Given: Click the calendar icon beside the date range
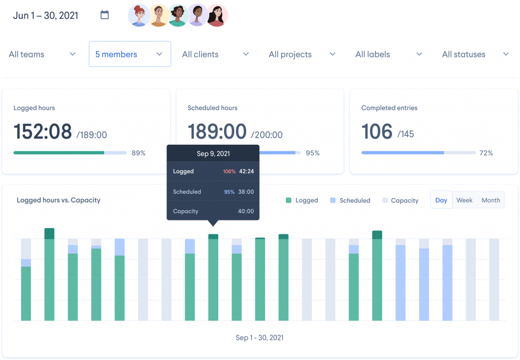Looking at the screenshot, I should click(105, 15).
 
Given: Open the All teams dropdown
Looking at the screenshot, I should click(43, 54).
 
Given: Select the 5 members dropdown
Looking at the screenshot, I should click(129, 54).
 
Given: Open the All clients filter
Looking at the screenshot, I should click(215, 54).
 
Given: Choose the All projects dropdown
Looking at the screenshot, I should click(302, 54).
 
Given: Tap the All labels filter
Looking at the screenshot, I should click(389, 54).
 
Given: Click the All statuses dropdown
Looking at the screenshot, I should click(475, 54).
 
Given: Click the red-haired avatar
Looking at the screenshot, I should click(138, 16).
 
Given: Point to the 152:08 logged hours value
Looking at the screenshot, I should click(43, 132).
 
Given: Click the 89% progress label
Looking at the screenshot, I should click(139, 153).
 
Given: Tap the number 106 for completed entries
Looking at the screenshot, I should click(377, 132).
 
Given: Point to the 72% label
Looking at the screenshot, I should click(486, 153).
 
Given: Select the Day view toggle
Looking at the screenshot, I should click(441, 200).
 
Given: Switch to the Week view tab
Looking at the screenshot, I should click(464, 200).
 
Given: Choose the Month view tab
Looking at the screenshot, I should click(491, 200).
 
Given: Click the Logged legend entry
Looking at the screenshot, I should click(302, 201).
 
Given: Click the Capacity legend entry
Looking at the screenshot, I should click(400, 201).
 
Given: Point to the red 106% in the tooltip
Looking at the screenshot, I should click(230, 172).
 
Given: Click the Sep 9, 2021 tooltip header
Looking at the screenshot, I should click(213, 154).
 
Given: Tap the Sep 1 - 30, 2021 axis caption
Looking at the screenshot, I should click(259, 338).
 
